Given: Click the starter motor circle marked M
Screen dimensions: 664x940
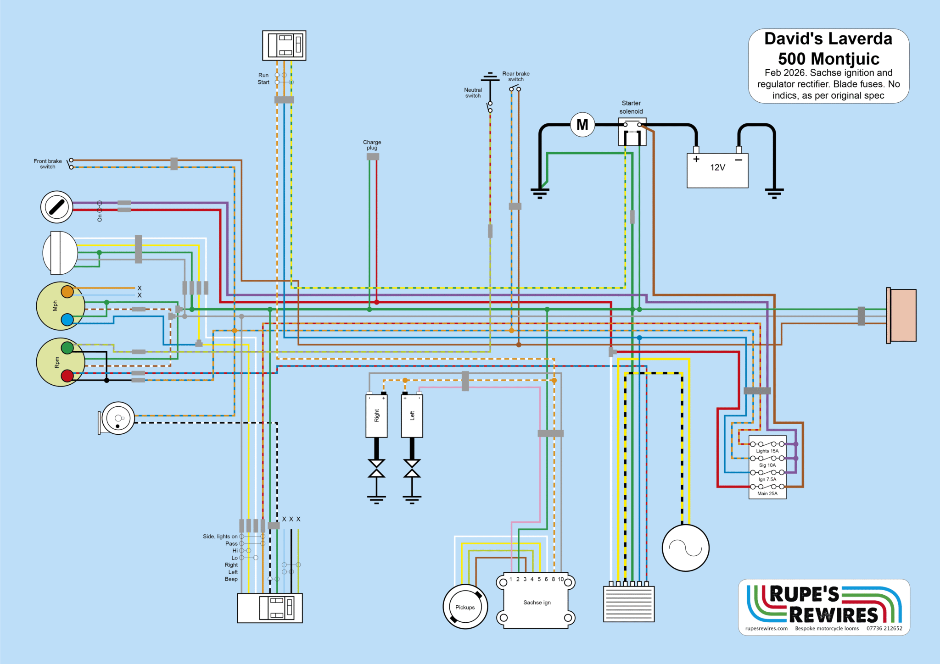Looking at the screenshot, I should [x=582, y=124].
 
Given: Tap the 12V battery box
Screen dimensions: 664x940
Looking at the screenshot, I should [x=717, y=171].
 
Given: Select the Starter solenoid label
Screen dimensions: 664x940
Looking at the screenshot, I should [x=631, y=107].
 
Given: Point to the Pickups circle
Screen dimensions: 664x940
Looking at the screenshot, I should [x=465, y=607].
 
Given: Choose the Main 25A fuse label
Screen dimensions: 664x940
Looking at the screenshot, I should [x=767, y=493].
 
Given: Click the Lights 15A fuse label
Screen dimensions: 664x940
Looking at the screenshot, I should [x=767, y=451].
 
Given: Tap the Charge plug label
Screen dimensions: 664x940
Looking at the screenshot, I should [x=372, y=145].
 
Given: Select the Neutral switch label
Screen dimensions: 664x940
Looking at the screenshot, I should [x=473, y=93].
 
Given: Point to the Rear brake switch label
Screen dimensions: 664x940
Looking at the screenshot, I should [x=516, y=76].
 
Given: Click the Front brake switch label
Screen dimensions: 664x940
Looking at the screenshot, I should [x=48, y=164].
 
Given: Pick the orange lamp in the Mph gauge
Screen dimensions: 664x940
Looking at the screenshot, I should [x=67, y=292].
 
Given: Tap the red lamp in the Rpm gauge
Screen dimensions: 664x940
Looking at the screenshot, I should [x=67, y=376].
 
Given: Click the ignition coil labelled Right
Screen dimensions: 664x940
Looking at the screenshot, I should [x=376, y=415].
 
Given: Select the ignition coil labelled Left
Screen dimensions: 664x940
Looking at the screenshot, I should [x=412, y=415].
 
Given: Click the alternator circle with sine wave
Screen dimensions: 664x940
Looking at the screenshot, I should [x=685, y=548].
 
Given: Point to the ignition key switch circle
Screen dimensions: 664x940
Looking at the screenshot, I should [x=57, y=207].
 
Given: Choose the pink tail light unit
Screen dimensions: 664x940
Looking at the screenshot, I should [x=902, y=315].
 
